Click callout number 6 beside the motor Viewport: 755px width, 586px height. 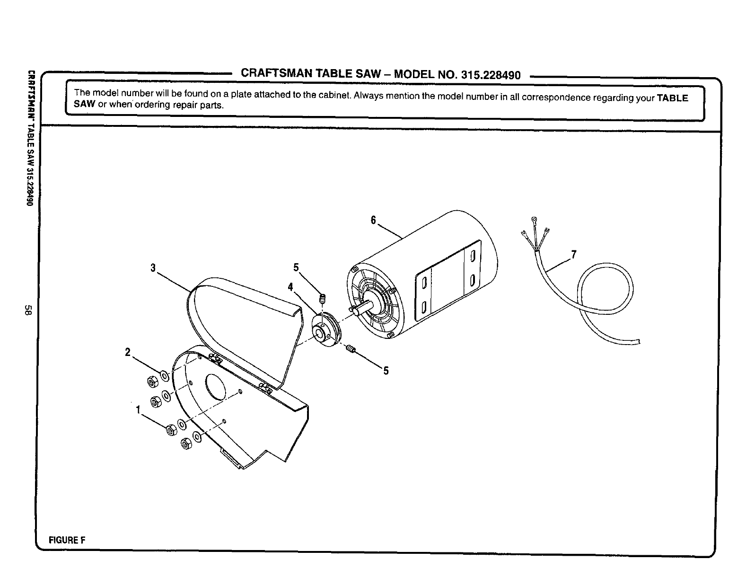(373, 221)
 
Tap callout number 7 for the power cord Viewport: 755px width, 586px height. (573, 255)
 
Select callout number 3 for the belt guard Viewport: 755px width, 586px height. (153, 268)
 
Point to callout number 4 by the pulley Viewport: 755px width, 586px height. (290, 287)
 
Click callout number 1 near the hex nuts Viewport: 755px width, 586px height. (138, 410)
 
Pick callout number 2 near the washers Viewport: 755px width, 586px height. (127, 352)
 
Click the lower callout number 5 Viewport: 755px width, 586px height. (386, 371)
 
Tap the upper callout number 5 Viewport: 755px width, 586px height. (296, 267)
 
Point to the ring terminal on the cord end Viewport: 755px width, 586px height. (534, 219)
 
